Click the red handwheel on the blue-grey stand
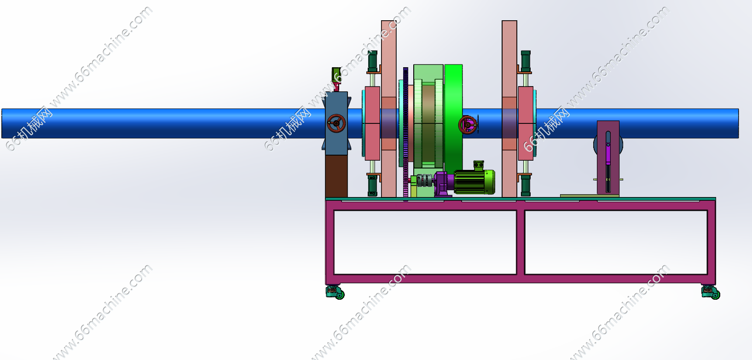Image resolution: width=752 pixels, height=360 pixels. coord(336,123)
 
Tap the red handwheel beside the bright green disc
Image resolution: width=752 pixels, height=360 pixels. coord(467,125)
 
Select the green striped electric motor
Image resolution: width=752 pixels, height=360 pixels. coord(474,182)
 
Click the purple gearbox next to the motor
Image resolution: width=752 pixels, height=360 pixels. coord(444,183)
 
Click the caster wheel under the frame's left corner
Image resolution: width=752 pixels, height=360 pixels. coord(335,292)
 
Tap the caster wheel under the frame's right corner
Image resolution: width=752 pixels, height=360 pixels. coord(711,292)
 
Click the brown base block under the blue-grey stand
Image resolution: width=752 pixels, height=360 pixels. coord(336,176)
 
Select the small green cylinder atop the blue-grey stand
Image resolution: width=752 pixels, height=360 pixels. coord(336,75)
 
